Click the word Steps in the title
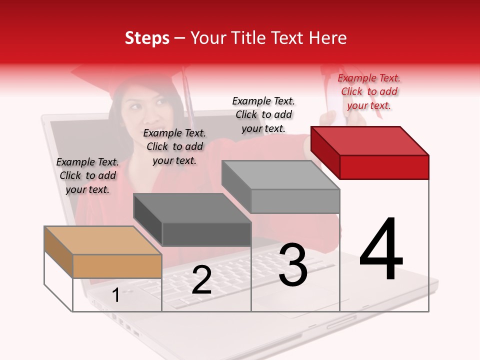click(147, 38)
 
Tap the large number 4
click(381, 250)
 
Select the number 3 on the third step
click(293, 265)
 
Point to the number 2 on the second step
click(201, 280)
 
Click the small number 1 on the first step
click(115, 295)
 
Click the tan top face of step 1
click(102, 240)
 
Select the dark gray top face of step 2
click(191, 207)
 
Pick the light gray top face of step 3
click(280, 175)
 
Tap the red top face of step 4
click(369, 140)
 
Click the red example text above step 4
click(369, 91)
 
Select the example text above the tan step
click(87, 175)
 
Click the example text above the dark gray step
click(174, 146)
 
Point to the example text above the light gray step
click(263, 114)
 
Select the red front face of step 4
click(384, 166)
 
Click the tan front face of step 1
click(117, 266)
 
